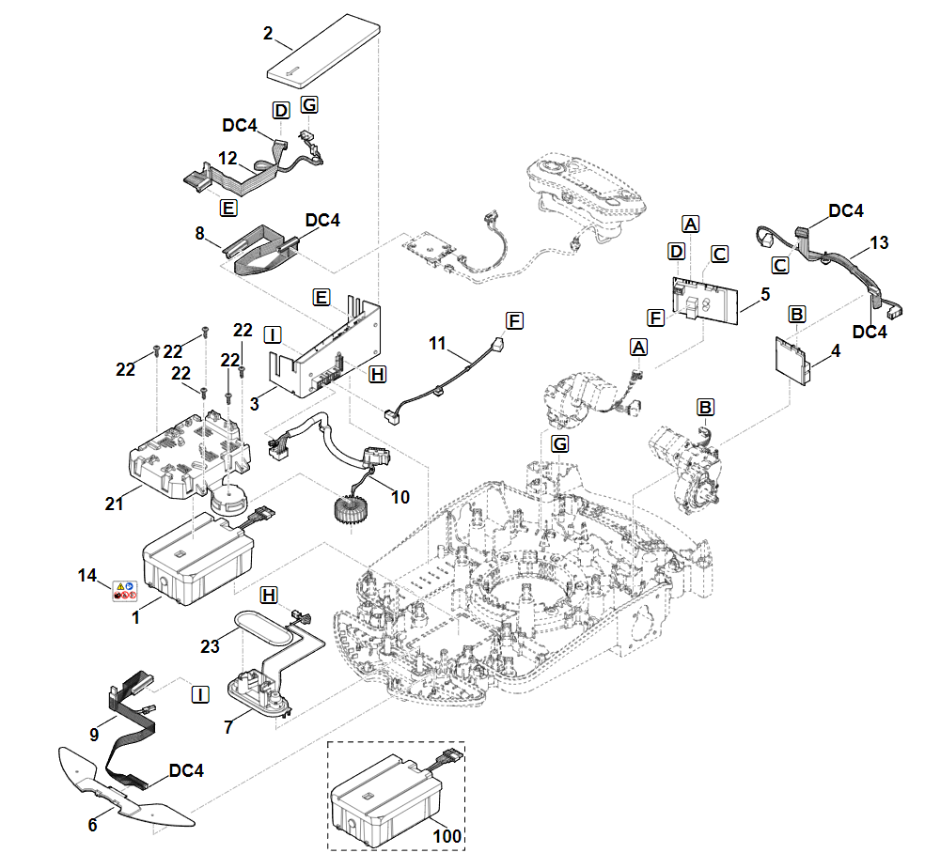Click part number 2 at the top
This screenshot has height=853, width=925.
click(268, 34)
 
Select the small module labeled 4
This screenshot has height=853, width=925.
click(793, 358)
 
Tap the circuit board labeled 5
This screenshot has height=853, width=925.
click(706, 298)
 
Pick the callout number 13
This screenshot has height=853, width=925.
click(879, 244)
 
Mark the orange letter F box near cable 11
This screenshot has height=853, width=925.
click(513, 319)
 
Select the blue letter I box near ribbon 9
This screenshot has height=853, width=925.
click(200, 694)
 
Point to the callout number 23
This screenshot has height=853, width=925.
click(210, 645)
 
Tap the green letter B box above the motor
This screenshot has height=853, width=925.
click(705, 407)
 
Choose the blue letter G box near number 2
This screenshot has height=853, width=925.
click(310, 104)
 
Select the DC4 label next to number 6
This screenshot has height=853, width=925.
click(186, 770)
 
